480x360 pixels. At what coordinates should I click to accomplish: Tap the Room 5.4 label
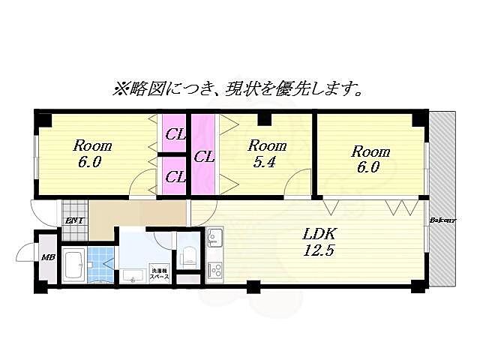268,153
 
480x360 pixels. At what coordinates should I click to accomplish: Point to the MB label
48,258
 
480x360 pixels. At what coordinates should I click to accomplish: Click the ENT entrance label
74,220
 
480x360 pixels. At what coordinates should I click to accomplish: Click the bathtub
73,265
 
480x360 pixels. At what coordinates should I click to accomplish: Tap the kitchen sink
214,238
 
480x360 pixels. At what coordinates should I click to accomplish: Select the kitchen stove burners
214,268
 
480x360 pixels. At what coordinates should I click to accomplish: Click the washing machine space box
160,273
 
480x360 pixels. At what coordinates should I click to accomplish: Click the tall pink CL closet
203,157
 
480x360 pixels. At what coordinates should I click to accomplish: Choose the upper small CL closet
175,135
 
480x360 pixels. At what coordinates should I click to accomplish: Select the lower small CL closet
175,177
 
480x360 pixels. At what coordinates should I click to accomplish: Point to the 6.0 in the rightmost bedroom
368,167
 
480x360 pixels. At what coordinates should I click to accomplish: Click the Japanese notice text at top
238,90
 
